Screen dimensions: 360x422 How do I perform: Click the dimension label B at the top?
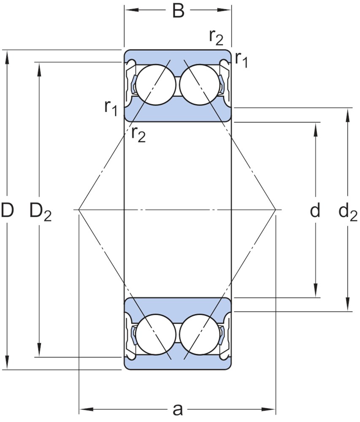pos(178,11)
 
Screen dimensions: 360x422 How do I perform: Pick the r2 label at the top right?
pos(216,38)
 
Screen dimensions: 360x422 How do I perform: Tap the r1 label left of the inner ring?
pos(111,108)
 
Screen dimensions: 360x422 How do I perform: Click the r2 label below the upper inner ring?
pos(138,134)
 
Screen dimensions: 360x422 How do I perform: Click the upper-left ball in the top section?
pos(156,84)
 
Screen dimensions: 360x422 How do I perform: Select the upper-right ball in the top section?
pos(200,84)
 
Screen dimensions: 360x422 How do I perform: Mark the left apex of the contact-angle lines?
pos(78,209)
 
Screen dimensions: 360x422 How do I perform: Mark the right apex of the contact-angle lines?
pos(276,209)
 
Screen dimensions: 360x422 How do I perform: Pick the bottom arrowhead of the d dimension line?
pos(316,291)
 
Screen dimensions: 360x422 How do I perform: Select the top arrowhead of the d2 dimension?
pos(348,114)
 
